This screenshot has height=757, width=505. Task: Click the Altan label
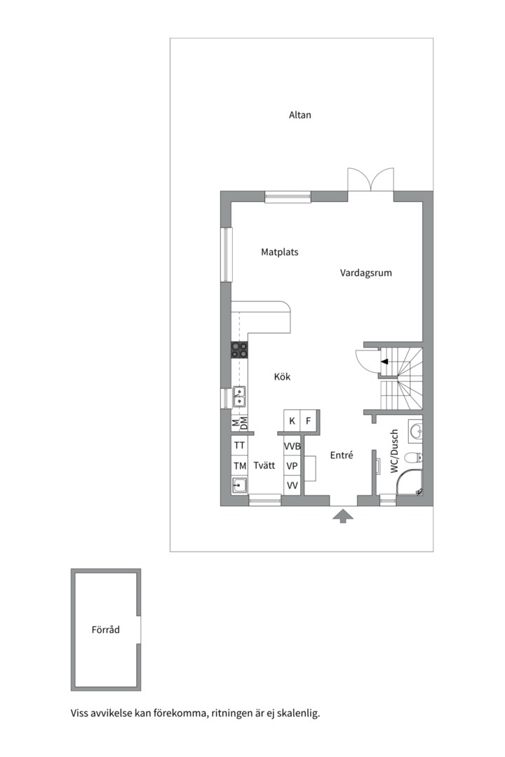pos(299,115)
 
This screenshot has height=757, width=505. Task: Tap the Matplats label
pos(280,252)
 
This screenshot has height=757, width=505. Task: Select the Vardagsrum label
pos(366,273)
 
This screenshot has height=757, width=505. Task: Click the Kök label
pos(282,377)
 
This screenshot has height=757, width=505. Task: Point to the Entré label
pos(341,456)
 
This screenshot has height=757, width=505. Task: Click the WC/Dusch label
pos(395,452)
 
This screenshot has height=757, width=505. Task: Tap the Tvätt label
pos(264,465)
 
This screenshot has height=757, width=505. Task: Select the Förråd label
pos(106,629)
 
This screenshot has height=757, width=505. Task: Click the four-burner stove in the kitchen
pos(239,350)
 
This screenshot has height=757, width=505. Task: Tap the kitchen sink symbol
pos(239,396)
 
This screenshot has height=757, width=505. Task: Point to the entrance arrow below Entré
pos(342,517)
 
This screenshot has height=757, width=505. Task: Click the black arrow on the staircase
pos(385,362)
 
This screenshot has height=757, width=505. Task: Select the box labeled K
pos(292,421)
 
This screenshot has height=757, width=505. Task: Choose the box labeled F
pos(308,421)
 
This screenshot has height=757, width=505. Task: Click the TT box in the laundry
pos(240,446)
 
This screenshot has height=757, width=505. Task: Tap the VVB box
pos(292,446)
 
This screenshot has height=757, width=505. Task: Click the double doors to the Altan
pos(370,180)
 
